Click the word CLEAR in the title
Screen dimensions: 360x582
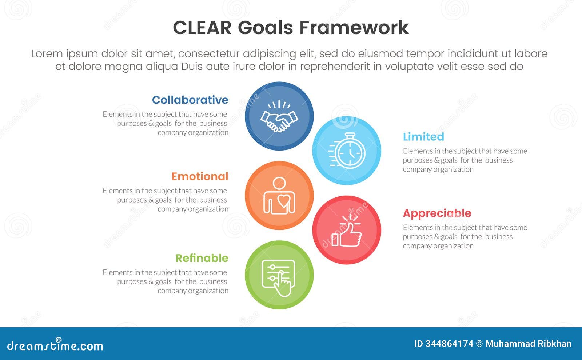click(202, 28)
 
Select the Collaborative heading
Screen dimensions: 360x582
click(190, 100)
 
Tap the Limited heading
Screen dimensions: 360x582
click(423, 137)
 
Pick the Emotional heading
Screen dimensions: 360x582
click(200, 176)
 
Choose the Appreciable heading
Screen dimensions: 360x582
click(437, 213)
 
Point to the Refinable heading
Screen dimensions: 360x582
click(202, 258)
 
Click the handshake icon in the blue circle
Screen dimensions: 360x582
click(279, 117)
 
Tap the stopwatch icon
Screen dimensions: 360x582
click(347, 151)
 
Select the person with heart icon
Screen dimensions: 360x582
click(279, 196)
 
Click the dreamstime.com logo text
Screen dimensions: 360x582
click(55, 346)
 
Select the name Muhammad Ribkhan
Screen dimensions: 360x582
click(528, 344)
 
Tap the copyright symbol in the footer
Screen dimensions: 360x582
click(479, 344)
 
